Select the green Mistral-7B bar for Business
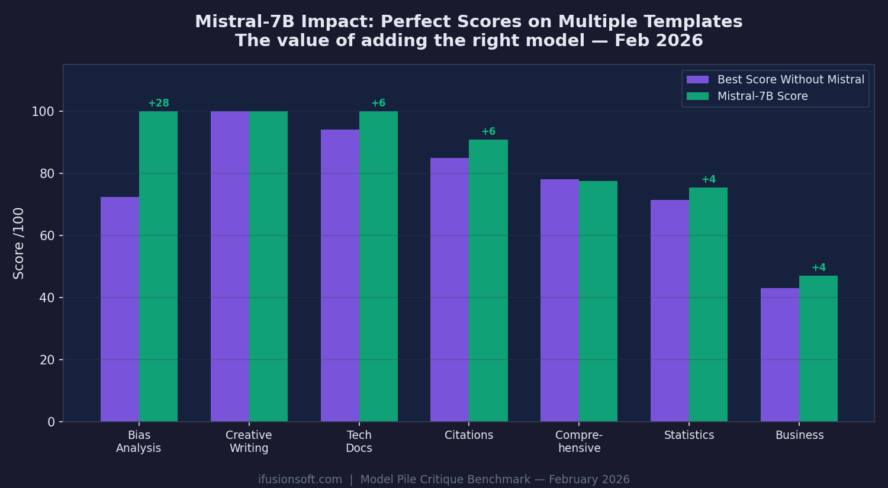point(818,348)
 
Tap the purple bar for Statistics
point(670,311)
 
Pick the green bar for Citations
point(488,280)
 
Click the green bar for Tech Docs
point(378,266)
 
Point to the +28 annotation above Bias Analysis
point(158,104)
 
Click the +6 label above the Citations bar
point(488,132)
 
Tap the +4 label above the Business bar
point(818,268)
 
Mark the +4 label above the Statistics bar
point(708,180)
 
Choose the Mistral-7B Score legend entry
point(762,96)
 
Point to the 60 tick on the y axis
point(47,236)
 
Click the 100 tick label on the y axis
point(43,112)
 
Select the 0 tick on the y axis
point(51,422)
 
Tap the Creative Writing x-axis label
point(249,442)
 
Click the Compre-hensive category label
point(579,442)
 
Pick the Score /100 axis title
point(19,243)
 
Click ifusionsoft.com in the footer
point(300,480)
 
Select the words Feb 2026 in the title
point(658,41)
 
